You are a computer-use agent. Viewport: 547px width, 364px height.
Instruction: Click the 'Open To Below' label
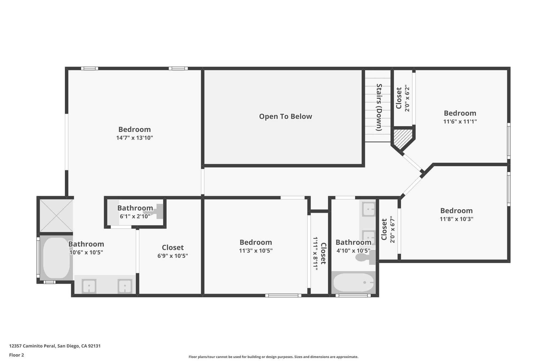(285, 117)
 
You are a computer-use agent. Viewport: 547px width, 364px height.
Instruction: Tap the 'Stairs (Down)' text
(379, 107)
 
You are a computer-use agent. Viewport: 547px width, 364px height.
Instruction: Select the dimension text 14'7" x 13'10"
(134, 138)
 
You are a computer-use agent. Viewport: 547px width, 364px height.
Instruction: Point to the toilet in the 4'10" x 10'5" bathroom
(363, 257)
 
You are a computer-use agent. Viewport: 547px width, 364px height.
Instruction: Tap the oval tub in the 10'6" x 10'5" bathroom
(56, 258)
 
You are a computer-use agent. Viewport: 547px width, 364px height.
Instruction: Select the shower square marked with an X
(56, 215)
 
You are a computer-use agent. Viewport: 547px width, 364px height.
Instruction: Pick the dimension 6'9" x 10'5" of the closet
(173, 256)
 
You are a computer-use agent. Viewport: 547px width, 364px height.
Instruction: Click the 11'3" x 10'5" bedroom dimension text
(256, 251)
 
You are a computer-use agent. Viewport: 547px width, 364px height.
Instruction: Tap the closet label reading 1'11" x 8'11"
(315, 253)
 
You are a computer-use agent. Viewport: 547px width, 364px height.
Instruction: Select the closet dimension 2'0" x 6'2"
(407, 98)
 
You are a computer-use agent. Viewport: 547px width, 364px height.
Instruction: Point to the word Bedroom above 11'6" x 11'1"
(460, 113)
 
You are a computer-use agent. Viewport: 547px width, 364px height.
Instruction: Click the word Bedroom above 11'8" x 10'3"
(456, 211)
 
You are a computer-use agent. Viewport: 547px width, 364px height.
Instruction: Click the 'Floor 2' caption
(17, 355)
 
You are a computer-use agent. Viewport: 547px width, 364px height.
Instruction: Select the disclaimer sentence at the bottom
(273, 357)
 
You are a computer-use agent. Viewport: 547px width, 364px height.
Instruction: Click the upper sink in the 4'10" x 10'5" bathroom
(369, 209)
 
